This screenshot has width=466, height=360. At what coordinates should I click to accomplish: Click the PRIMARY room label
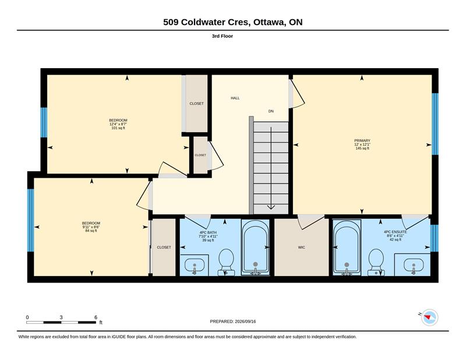coord(362,140)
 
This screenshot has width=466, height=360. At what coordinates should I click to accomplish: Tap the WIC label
coord(301,248)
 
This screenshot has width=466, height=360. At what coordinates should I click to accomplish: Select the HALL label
coord(235,98)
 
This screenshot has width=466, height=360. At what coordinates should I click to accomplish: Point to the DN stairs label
coord(271,111)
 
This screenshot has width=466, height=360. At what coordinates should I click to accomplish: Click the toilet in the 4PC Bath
coord(226,262)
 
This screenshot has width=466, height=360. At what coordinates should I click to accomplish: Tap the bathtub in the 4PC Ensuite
coord(347,248)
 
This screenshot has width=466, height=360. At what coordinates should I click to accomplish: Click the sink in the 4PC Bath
coord(195,265)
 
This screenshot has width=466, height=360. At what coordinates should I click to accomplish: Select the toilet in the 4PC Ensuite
coord(376,262)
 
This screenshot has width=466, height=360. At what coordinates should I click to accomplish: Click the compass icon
coord(430,317)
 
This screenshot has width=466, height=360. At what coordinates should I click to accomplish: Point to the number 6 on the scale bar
coord(96,317)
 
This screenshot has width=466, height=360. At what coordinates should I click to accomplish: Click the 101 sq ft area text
coord(118,128)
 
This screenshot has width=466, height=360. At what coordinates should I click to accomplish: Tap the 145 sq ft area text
coord(362,148)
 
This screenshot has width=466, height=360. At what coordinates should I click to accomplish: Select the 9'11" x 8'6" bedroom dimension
coord(91,227)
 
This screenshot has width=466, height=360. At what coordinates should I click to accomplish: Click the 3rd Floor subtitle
coord(223,36)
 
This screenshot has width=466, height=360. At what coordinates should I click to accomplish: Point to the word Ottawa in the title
coord(269,22)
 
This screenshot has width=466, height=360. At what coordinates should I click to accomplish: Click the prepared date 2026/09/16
coord(245,322)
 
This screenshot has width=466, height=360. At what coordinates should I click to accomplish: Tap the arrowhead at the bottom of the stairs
coord(271,207)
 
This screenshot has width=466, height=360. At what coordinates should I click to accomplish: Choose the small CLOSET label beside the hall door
coord(200,155)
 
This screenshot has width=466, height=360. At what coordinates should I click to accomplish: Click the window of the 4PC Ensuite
coord(435,238)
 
